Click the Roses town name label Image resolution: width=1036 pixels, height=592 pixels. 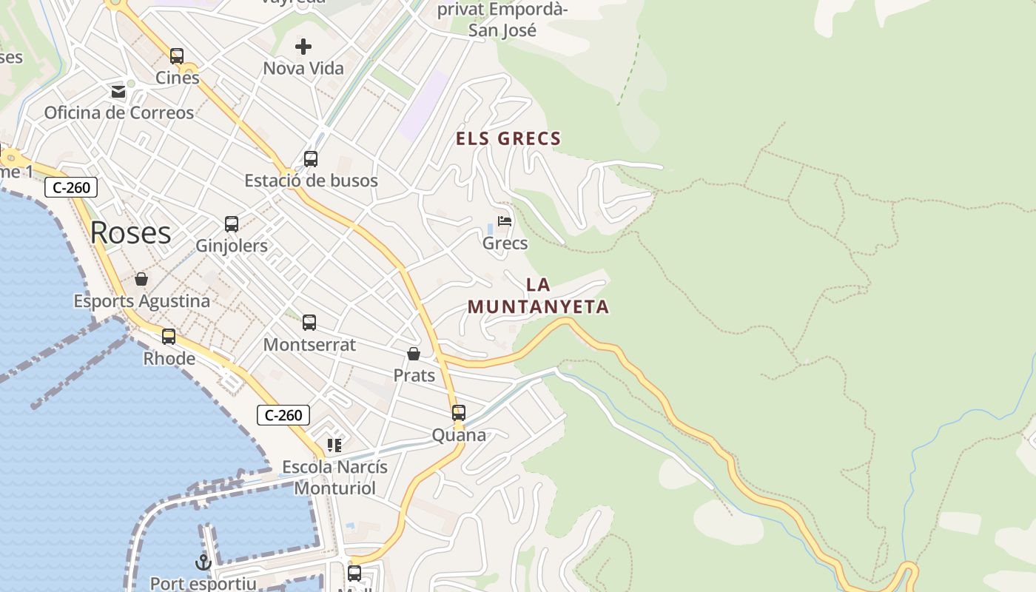coord(130,233)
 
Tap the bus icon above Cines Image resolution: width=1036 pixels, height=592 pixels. coord(177,55)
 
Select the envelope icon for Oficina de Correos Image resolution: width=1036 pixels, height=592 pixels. coord(118,92)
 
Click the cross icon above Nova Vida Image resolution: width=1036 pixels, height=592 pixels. coord(303,47)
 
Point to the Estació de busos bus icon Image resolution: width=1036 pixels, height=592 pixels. coord(311,159)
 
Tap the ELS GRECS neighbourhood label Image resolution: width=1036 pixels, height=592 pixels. coord(508,138)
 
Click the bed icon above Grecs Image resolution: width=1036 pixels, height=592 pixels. coord(505,221)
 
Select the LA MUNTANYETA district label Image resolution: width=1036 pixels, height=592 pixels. coord(538,296)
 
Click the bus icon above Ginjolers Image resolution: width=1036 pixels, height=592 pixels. coord(232,224)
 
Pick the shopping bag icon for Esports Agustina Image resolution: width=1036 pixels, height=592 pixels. coord(141,279)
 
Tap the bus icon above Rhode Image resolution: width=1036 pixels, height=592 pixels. coord(169,337)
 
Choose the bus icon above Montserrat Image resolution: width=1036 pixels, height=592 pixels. coord(309,323)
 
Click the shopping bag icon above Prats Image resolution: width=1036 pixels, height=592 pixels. coord(414,354)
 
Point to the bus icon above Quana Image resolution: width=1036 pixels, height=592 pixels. coord(459,413)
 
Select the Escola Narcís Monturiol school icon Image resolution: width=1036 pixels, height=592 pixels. coord(334,445)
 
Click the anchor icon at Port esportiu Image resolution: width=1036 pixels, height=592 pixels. coord(203,562)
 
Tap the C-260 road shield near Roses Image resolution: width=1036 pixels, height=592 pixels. coord(71,188)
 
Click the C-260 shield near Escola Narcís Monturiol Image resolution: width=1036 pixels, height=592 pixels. coord(283,415)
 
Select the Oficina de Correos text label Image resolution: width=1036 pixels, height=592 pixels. coord(119,113)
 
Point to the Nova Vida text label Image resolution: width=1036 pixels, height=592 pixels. coord(303,69)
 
